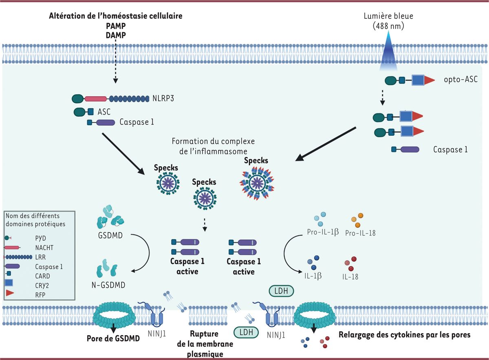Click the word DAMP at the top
115,35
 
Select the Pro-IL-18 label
360,233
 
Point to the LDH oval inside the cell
281,290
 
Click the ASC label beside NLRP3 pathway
104,111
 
